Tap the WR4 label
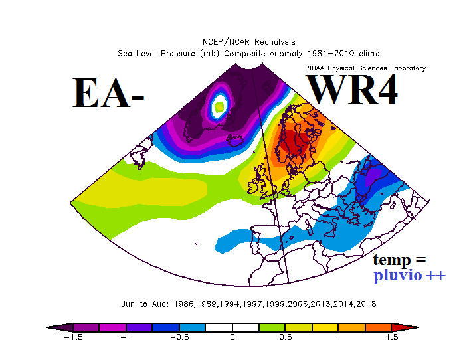click(352, 90)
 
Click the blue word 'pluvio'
click(397, 275)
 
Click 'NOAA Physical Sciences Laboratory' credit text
click(366, 68)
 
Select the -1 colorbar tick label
click(126, 337)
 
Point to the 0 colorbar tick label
click(232, 337)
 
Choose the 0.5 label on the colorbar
click(286, 337)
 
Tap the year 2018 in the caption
click(367, 304)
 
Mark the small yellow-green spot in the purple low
click(219, 105)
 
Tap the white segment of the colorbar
click(232, 327)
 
